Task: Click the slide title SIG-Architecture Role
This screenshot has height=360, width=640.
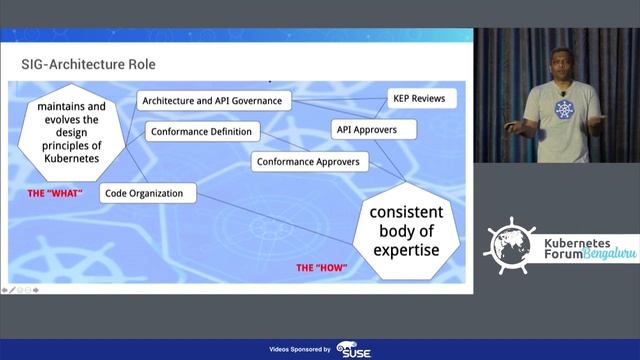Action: [x=88, y=65]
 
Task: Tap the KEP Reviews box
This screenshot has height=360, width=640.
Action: [x=422, y=99]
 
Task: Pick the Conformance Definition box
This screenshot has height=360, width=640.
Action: [x=204, y=131]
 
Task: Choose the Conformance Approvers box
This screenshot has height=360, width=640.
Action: [x=307, y=161]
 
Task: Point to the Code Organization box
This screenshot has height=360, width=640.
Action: [x=147, y=193]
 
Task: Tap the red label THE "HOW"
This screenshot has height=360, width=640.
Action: [x=320, y=268]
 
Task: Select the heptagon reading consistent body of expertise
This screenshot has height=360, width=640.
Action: [x=404, y=231]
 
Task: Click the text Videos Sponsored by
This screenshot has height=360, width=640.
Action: [x=300, y=349]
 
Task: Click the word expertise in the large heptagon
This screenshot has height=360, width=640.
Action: [x=404, y=250]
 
